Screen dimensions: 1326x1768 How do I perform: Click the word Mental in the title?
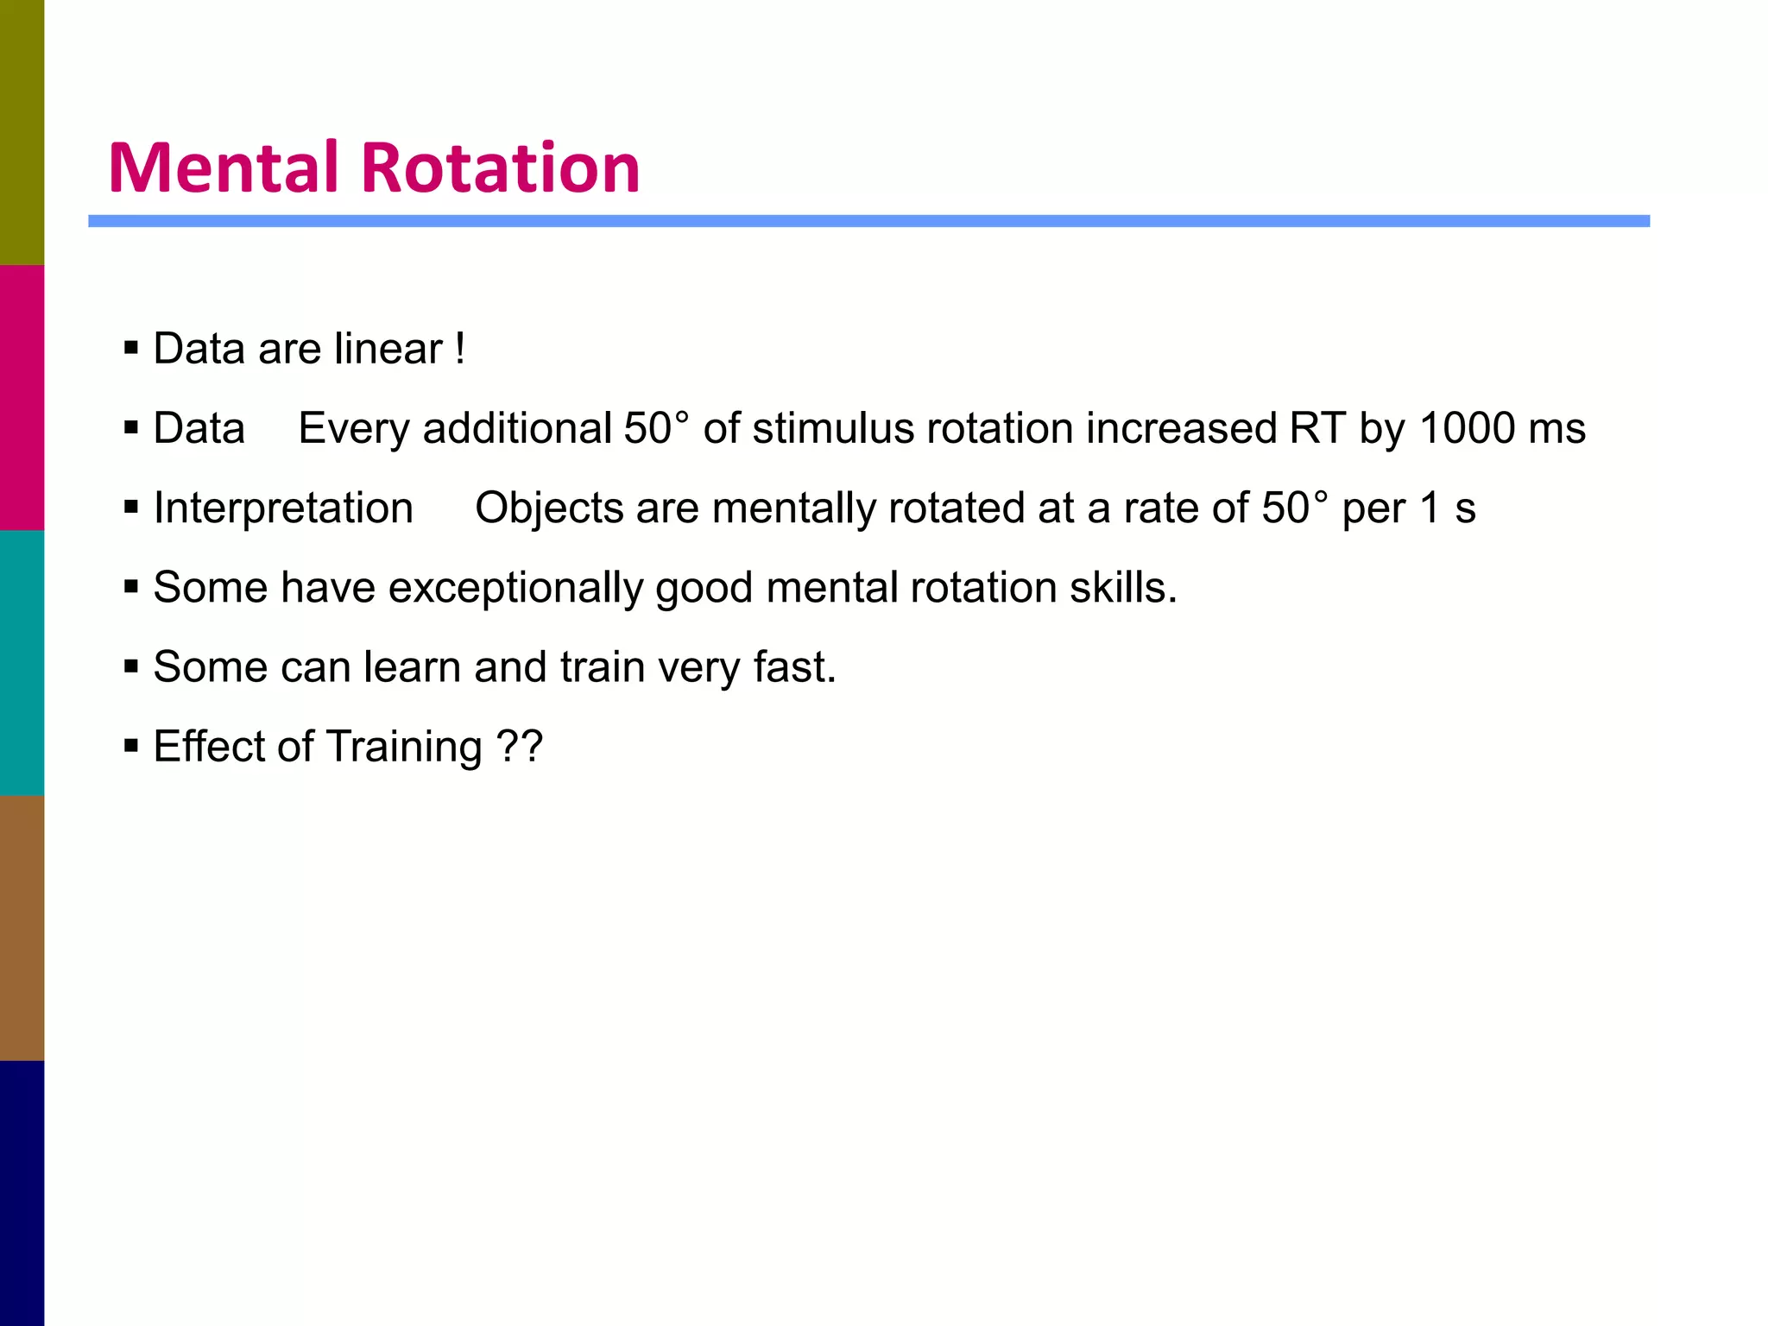click(x=223, y=167)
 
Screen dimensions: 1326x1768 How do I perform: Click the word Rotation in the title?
click(x=500, y=167)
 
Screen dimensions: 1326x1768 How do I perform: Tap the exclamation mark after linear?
click(x=460, y=349)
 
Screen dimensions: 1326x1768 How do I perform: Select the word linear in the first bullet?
click(x=388, y=349)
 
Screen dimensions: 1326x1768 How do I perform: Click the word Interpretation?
click(x=283, y=508)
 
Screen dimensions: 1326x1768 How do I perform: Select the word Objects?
click(x=549, y=508)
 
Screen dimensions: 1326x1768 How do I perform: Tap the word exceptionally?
click(x=515, y=588)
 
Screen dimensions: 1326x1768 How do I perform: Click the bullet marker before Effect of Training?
click(x=131, y=746)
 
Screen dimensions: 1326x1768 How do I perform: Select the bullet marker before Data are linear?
click(x=131, y=349)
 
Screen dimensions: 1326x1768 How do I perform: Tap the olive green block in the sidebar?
click(x=22, y=132)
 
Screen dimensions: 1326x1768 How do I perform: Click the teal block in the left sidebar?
click(x=22, y=662)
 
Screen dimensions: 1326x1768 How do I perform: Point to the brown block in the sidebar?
click(x=22, y=927)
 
